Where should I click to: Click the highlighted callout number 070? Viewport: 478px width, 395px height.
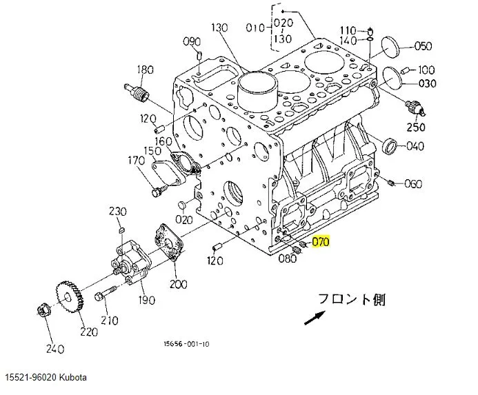pyautogui.click(x=321, y=242)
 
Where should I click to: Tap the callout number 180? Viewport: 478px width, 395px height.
pyautogui.click(x=144, y=69)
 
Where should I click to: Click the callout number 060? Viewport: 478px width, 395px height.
pyautogui.click(x=413, y=183)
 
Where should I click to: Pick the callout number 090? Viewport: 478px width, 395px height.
pyautogui.click(x=190, y=41)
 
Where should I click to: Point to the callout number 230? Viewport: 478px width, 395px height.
pyautogui.click(x=118, y=211)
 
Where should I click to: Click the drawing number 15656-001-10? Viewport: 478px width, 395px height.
pyautogui.click(x=186, y=344)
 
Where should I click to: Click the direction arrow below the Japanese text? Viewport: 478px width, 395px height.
pyautogui.click(x=315, y=318)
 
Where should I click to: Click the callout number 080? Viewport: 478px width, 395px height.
pyautogui.click(x=287, y=259)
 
